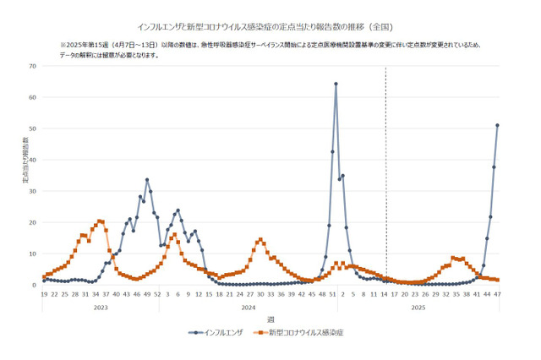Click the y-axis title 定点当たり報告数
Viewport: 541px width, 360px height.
(25, 160)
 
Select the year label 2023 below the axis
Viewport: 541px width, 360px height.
(101, 308)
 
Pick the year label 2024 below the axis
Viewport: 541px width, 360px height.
(249, 308)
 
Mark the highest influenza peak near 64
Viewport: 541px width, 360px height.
(336, 84)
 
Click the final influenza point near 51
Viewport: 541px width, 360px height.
(498, 125)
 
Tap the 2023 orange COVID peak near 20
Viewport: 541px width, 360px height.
(101, 221)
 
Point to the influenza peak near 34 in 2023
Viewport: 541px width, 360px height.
(147, 180)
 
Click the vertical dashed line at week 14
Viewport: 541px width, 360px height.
(386, 169)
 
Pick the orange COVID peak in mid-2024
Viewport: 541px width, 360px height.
(260, 240)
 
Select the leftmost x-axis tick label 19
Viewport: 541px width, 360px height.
(44, 293)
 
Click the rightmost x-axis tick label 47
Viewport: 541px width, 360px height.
(498, 293)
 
